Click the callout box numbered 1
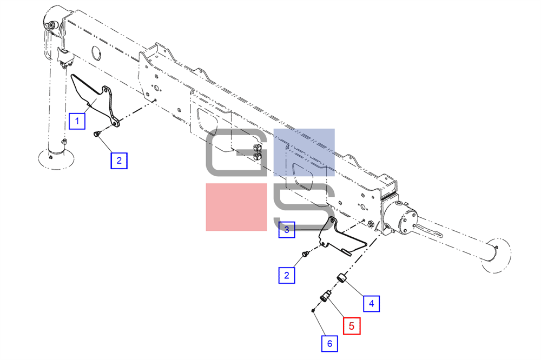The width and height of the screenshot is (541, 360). (x=77, y=121)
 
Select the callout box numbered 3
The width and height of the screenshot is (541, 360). (x=287, y=230)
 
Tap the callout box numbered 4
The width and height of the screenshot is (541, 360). (x=371, y=303)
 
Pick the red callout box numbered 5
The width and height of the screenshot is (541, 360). (x=352, y=326)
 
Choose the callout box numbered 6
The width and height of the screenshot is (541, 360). (x=329, y=343)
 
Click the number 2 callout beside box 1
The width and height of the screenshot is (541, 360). (x=119, y=161)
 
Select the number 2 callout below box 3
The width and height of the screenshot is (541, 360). (x=287, y=275)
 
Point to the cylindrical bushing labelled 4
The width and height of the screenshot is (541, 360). (x=341, y=277)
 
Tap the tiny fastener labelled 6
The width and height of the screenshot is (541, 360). (x=313, y=310)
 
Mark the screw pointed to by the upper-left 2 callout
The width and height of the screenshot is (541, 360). (x=96, y=133)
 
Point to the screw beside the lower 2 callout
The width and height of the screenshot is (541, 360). (x=305, y=254)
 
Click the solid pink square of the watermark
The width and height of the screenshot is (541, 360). (x=236, y=207)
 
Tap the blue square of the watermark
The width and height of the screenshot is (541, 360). (x=304, y=152)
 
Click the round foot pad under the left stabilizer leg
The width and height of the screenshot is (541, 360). (x=56, y=159)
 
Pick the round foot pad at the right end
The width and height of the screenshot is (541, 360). (x=497, y=255)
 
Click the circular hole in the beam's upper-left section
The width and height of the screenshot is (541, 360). (x=96, y=54)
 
